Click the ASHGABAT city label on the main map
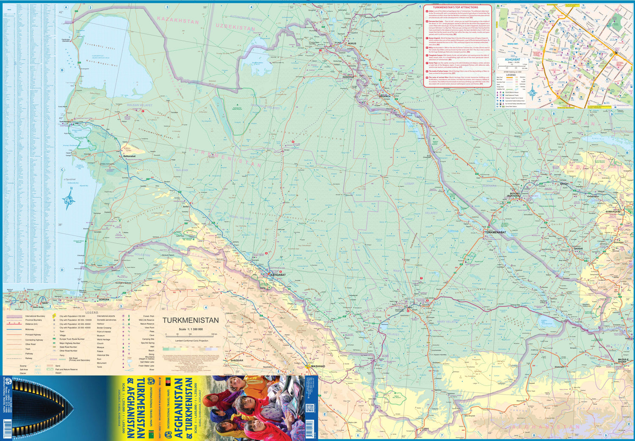pos(278,275)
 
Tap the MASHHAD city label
pos(317,366)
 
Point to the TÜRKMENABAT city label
pos(495,233)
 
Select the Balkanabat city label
pos(130,156)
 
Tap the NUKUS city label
pos(352,44)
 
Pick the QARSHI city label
pos(578,248)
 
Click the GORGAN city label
pos(104,300)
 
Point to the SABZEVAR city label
pos(237,360)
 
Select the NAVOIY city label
pos(564,184)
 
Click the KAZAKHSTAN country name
pos(177,20)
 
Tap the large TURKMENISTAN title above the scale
pos(190,320)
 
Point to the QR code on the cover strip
pos(309,408)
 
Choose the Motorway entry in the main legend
pos(30,329)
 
